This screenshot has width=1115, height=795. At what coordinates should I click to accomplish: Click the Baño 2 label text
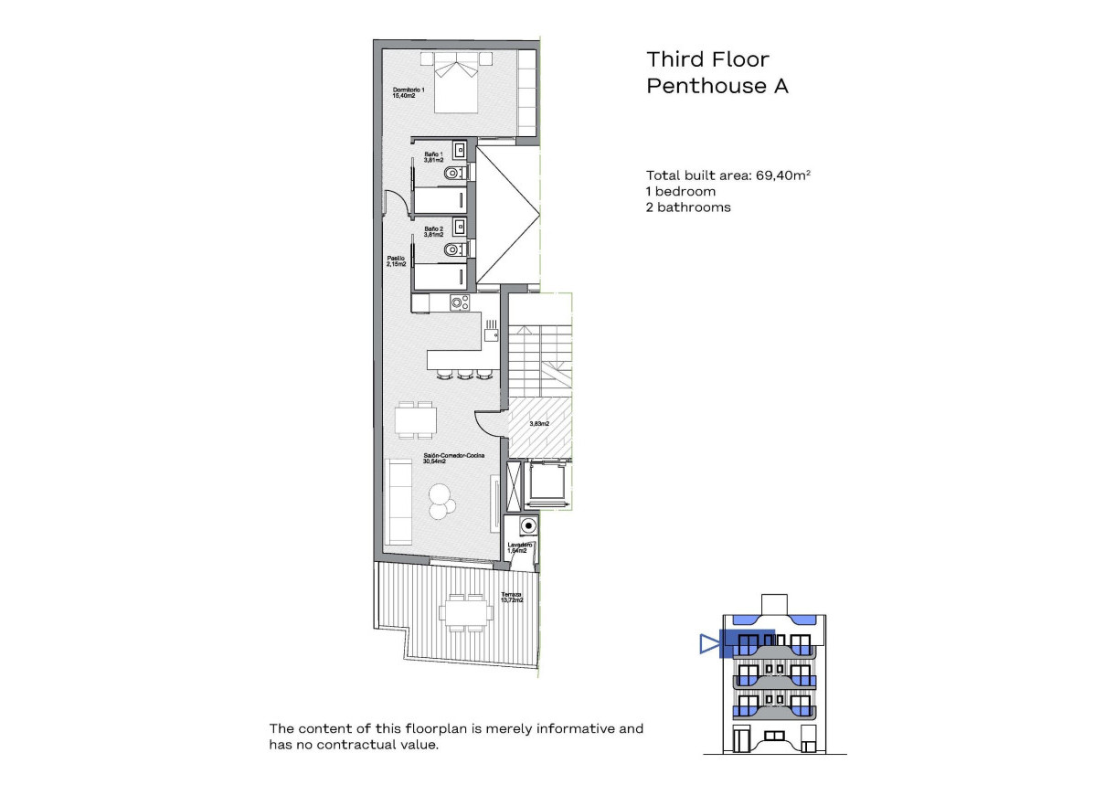433,230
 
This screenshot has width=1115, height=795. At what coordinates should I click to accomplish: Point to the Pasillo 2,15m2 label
396,261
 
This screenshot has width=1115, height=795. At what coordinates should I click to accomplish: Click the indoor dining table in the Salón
415,420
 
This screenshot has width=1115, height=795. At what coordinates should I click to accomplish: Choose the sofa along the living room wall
399,502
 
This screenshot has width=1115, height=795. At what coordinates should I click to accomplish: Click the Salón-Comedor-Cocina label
452,459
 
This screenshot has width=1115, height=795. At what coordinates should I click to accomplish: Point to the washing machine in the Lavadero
526,525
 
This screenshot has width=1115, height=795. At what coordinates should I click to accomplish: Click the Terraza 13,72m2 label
512,599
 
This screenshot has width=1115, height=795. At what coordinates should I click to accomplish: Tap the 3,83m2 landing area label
539,424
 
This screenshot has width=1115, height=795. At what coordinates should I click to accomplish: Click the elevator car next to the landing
546,484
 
